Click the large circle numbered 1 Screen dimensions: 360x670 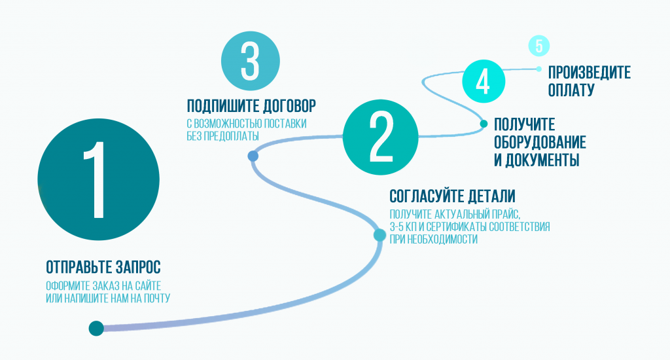pos(98,178)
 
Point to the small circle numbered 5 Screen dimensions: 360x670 pos(538,46)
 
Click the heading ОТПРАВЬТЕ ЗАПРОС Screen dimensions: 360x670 pos(103,268)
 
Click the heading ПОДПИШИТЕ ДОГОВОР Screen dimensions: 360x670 pos(251,106)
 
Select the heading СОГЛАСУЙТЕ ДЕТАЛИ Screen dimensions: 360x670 pos(452,196)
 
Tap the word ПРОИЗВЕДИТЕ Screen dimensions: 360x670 pos(590,72)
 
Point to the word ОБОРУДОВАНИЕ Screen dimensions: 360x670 pos(540,142)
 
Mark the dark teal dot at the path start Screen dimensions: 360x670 pos(96,328)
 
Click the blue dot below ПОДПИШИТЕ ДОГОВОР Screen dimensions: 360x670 pos(253,156)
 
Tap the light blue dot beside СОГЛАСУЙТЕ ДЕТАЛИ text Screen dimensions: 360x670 pos(379,234)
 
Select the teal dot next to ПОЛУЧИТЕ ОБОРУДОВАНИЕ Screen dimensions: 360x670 pos(484,123)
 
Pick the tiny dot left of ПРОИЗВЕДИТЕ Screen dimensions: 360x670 pos(538,69)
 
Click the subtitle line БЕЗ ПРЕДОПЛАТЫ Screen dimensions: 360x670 pos(223,135)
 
